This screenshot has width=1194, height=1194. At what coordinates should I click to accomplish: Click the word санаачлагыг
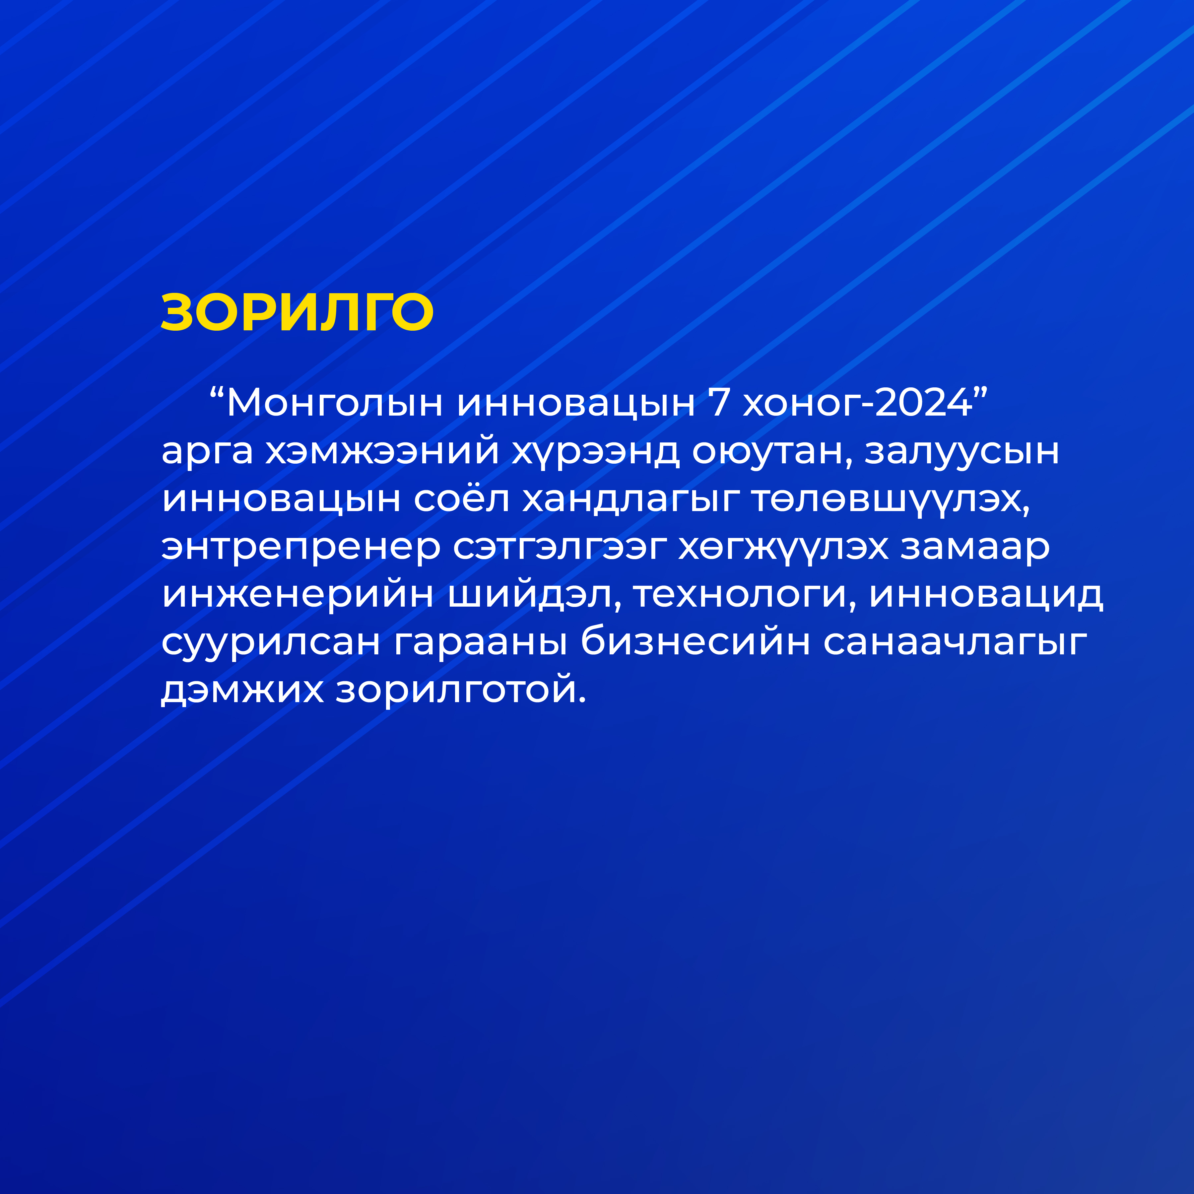[956, 643]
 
